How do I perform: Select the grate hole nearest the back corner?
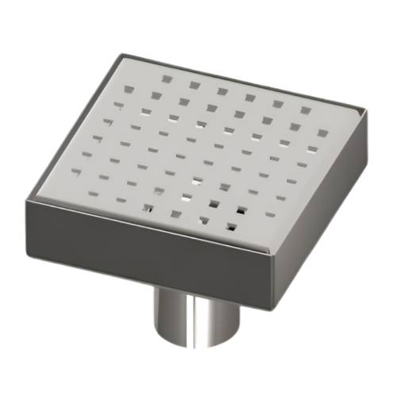(x=165, y=78)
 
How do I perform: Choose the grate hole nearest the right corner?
(x=322, y=133)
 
